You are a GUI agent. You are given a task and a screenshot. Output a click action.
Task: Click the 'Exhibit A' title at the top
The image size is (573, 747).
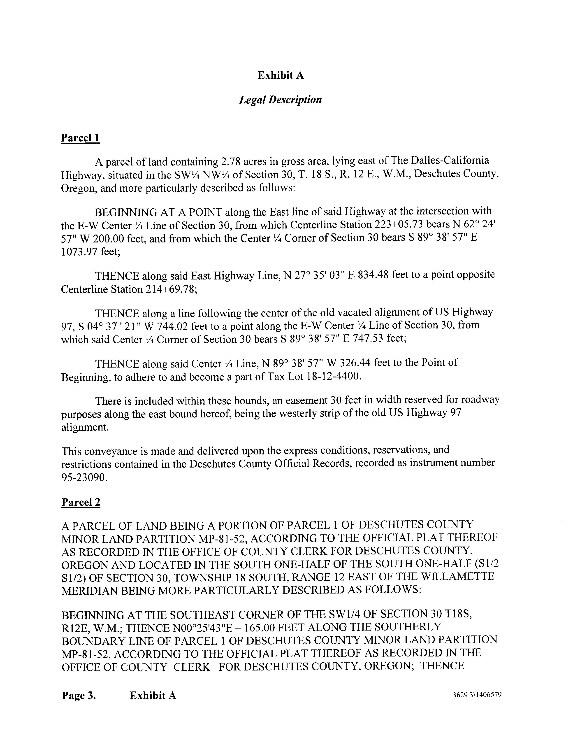click(280, 75)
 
